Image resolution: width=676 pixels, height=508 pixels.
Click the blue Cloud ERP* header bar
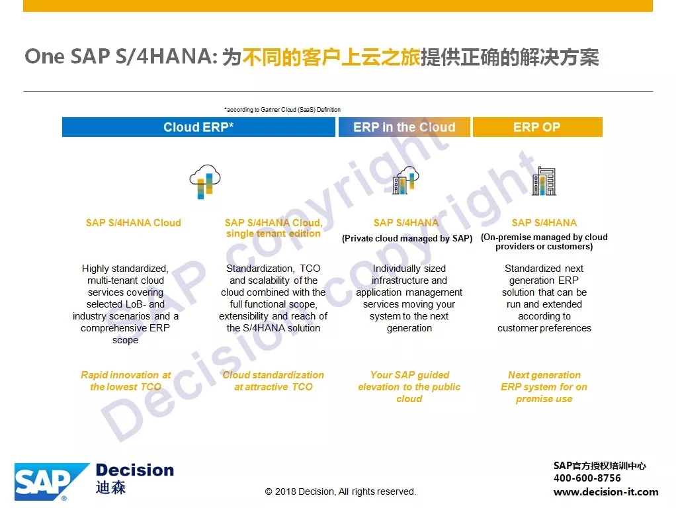pos(198,127)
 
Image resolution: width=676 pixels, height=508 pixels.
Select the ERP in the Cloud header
pos(404,127)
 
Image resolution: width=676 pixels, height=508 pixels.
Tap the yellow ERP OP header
pos(537,127)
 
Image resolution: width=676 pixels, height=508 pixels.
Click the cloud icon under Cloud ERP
pos(205,181)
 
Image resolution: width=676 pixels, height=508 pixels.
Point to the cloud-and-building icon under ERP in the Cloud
pos(405,181)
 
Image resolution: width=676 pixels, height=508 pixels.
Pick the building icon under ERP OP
pos(544,181)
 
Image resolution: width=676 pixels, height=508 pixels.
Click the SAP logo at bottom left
pos(52,482)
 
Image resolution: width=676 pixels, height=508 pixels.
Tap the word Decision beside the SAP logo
pos(135,470)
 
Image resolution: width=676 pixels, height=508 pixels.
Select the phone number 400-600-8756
pos(587,478)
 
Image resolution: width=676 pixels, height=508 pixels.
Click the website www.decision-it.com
pos(606,491)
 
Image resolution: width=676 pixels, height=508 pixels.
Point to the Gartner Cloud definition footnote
pos(282,110)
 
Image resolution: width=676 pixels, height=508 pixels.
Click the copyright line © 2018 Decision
pos(341,491)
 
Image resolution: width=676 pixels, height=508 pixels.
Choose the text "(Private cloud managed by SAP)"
pos(407,239)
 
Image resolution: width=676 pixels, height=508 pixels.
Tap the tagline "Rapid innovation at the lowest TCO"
pos(126,381)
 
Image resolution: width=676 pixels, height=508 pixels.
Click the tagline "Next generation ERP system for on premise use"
pos(544,387)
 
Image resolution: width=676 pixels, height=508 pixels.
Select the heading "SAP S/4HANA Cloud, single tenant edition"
pos(273,228)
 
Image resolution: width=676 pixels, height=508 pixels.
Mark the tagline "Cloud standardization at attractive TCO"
pos(273,381)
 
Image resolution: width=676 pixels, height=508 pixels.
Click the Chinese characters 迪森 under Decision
pos(111,487)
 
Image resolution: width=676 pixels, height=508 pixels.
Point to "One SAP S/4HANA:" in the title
pos(121,56)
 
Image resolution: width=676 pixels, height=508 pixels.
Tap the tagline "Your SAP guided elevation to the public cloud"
pos(409,387)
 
